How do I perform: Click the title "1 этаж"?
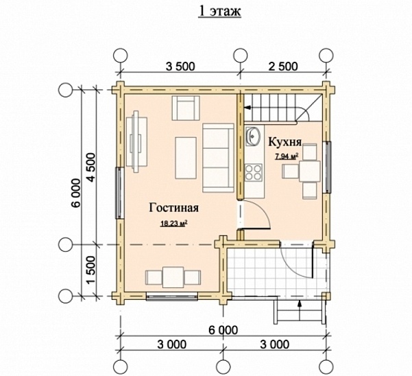click(219, 11)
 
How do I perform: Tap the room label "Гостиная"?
click(174, 208)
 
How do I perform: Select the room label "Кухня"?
click(284, 142)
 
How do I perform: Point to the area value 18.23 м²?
click(174, 224)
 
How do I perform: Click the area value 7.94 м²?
click(287, 156)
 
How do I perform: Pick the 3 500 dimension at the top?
click(180, 67)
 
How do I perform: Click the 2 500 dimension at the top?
click(283, 67)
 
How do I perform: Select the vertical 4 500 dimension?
click(91, 167)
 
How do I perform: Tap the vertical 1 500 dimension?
click(91, 271)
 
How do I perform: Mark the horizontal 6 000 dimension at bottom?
click(223, 330)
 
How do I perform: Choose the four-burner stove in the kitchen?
click(254, 172)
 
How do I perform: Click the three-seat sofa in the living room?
click(218, 158)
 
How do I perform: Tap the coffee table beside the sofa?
click(186, 158)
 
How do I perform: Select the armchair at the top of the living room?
click(186, 108)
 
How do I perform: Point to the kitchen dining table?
click(310, 172)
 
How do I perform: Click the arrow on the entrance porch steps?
click(300, 311)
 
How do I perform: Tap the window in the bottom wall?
click(172, 297)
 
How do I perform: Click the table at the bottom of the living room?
click(173, 277)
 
